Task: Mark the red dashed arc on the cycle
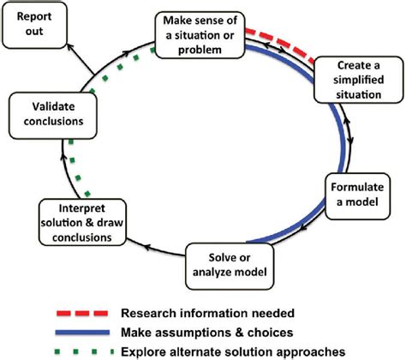coord(275,40)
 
